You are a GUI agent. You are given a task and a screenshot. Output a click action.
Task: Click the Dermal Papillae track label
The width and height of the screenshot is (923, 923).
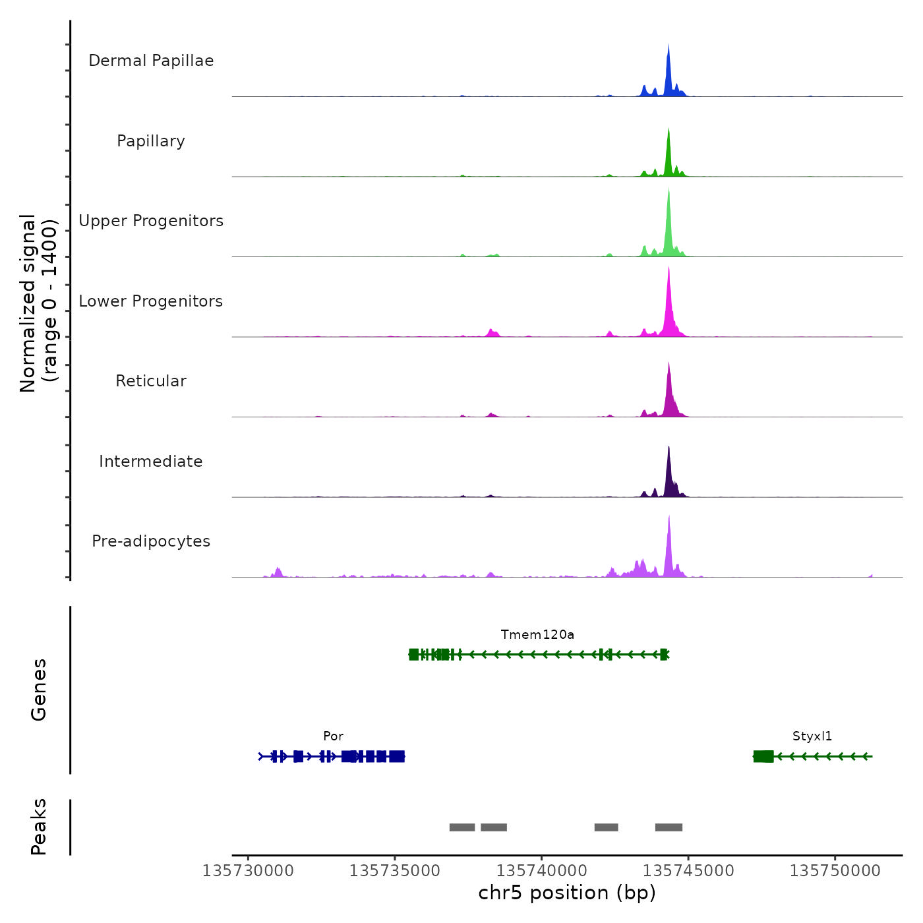tap(151, 61)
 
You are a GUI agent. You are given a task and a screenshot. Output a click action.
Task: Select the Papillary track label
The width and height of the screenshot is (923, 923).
tap(151, 141)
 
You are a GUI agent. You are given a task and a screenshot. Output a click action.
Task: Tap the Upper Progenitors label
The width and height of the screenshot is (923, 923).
tap(151, 221)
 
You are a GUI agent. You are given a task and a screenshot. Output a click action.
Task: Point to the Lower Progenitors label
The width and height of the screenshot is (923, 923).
tap(151, 301)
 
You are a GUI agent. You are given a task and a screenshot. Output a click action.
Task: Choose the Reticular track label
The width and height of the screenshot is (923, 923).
tap(151, 381)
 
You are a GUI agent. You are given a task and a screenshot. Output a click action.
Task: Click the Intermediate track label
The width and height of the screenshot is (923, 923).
tap(151, 461)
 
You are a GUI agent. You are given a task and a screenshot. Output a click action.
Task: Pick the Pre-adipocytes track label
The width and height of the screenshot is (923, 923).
tap(151, 541)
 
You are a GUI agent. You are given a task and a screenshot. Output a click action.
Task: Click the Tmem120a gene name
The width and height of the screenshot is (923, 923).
tap(537, 635)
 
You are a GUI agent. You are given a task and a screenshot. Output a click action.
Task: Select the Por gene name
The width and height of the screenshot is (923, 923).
tap(333, 736)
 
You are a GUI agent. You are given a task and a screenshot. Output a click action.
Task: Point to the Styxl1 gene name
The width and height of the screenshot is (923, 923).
tap(812, 736)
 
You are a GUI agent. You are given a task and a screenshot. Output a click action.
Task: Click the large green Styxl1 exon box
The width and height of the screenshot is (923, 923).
tap(763, 756)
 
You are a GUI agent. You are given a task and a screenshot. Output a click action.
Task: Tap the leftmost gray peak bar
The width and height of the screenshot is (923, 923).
tap(462, 827)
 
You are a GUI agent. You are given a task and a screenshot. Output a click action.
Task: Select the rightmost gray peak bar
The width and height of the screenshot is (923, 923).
tap(669, 827)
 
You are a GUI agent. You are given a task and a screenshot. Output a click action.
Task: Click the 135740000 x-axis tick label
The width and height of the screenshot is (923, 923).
tap(542, 871)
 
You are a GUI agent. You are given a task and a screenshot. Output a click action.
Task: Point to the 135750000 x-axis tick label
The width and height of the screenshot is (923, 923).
tap(835, 871)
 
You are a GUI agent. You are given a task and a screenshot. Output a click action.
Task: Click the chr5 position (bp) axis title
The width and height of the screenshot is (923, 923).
tap(567, 893)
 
